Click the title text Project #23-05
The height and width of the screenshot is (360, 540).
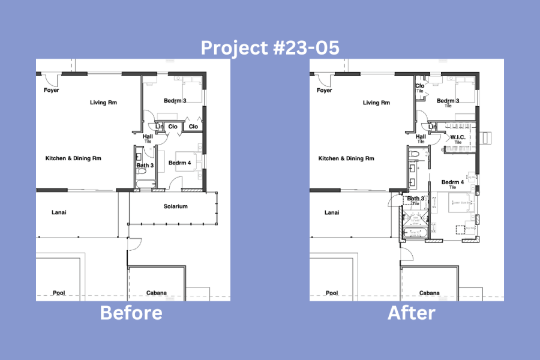pos(270,48)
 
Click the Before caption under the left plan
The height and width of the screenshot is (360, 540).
pos(131,313)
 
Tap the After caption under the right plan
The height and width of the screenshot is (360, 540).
pos(412,313)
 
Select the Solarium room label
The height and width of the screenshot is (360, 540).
pos(176,206)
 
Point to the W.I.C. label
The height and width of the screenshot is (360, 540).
pos(458,137)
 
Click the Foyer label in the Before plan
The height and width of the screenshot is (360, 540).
pos(52,91)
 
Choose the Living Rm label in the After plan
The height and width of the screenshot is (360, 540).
pos(376,103)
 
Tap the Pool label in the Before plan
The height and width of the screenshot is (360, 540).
pos(58,293)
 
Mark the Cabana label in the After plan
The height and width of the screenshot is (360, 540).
pos(430,293)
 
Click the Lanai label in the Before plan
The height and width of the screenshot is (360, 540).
pos(59,212)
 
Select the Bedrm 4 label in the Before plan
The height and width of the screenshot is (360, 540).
pos(180,163)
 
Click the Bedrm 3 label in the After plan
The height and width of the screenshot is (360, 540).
pos(448,101)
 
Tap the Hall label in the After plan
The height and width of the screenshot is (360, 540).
pos(421,136)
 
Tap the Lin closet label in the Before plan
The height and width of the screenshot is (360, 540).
pos(159,127)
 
